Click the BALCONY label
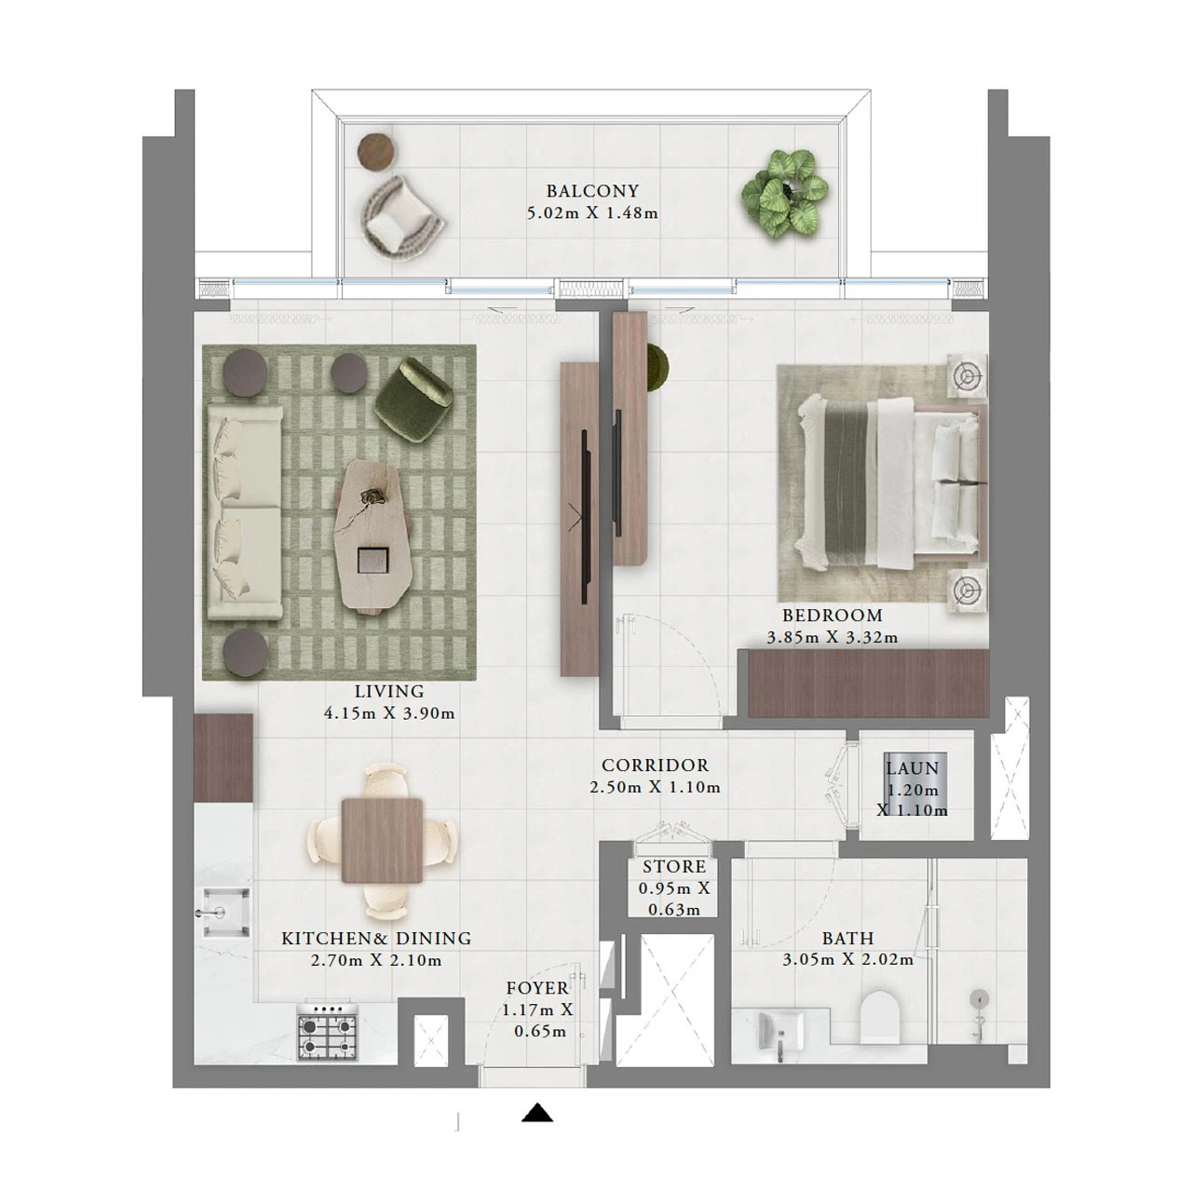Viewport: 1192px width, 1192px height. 592,192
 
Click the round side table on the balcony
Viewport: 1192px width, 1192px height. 377,152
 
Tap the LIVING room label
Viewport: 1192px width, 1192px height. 388,692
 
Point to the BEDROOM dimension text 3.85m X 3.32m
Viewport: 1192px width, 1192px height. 832,638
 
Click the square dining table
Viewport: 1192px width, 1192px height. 381,840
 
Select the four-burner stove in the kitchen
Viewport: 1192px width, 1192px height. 328,1031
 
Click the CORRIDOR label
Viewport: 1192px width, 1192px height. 655,765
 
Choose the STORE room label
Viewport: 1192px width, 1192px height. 674,867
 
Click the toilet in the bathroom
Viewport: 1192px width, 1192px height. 881,1018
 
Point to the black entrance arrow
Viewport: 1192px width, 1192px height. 537,1113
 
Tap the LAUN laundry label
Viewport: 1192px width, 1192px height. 912,769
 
